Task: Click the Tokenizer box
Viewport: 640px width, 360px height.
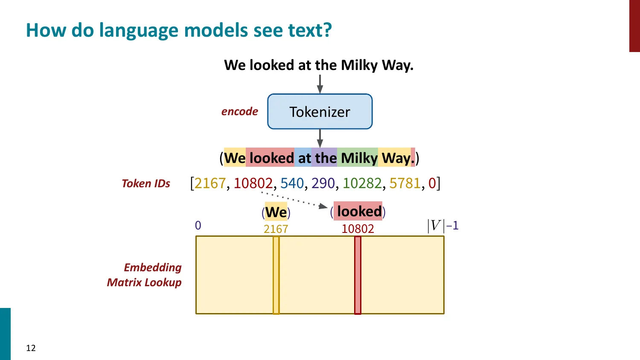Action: click(x=320, y=112)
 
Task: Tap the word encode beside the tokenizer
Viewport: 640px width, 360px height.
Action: click(x=239, y=112)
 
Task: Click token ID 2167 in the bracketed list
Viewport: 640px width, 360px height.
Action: click(x=210, y=183)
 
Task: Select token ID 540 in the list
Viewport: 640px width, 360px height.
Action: click(x=292, y=183)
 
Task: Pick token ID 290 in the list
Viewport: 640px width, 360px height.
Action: click(x=323, y=183)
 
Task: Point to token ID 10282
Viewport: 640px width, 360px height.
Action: click(x=362, y=183)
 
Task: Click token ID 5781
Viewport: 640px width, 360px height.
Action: click(x=404, y=183)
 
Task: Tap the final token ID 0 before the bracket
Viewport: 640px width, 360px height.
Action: click(x=432, y=183)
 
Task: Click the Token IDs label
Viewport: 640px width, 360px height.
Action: click(x=146, y=183)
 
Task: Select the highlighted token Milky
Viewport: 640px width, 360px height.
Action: click(x=359, y=158)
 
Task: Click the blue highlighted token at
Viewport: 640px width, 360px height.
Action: click(x=304, y=158)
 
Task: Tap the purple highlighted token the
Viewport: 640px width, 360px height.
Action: click(x=326, y=158)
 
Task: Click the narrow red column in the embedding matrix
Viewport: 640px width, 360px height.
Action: click(x=358, y=275)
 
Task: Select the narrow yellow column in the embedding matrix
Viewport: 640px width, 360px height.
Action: click(x=276, y=275)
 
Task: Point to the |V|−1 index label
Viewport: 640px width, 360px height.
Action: click(x=442, y=225)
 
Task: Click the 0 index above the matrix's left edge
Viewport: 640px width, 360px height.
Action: click(x=198, y=225)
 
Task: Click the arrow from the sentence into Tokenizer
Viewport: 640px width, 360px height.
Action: click(x=320, y=84)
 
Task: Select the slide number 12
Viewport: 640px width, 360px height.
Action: click(x=31, y=348)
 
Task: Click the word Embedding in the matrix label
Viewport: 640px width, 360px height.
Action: click(x=153, y=267)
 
